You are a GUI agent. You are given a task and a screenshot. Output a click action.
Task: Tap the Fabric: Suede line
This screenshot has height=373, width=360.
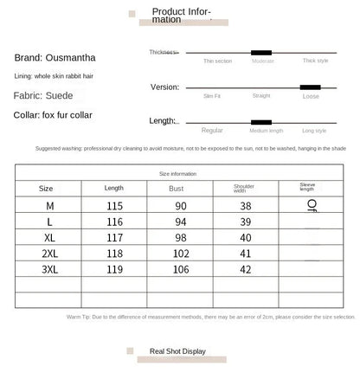point(42,95)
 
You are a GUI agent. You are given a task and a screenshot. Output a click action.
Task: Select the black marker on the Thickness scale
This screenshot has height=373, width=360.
point(261,52)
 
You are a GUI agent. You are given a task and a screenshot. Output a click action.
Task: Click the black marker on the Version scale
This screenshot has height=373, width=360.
point(310,87)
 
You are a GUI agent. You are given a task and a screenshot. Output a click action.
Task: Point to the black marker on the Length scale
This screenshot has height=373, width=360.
point(260,122)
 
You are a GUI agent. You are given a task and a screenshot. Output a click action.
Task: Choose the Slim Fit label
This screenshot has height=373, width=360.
point(211,96)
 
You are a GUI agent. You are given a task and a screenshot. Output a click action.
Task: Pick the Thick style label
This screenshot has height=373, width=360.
point(315,61)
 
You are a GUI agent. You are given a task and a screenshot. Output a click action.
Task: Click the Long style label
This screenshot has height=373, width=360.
point(314,131)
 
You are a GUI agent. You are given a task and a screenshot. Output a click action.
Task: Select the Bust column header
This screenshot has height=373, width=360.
point(177,188)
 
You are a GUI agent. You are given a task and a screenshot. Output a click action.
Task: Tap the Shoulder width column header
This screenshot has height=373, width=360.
point(245,188)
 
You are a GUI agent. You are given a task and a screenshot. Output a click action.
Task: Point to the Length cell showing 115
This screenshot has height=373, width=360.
point(114,206)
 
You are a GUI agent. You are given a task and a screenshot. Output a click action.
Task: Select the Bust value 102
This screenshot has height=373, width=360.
point(180,253)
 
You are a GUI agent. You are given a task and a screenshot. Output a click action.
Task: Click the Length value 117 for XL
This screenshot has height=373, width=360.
point(114,237)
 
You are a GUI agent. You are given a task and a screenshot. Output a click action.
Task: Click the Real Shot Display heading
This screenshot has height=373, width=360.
point(177,351)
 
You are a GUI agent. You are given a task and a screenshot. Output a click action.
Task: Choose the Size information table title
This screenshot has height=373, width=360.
point(177,173)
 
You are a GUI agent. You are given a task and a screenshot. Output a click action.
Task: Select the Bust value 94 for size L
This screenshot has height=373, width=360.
point(180,222)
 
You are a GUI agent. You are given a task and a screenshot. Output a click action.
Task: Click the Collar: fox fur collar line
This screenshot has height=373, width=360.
point(53,115)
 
